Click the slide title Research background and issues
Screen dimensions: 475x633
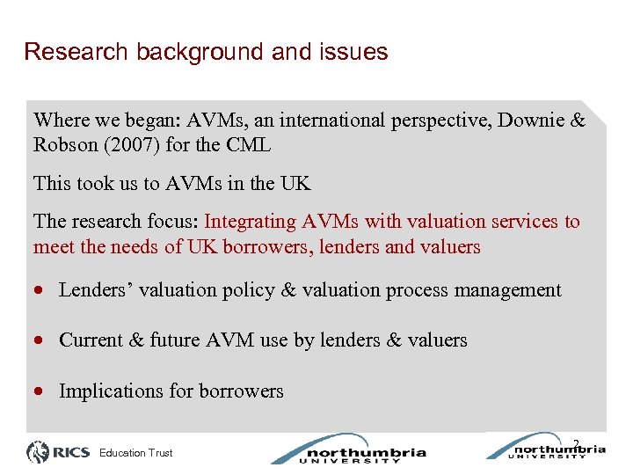click(206, 52)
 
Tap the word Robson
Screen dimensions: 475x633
click(61, 145)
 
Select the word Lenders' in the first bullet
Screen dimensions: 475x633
click(93, 290)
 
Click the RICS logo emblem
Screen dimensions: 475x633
click(39, 453)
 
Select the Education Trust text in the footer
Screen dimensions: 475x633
click(136, 454)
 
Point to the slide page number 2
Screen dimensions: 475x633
click(576, 443)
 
